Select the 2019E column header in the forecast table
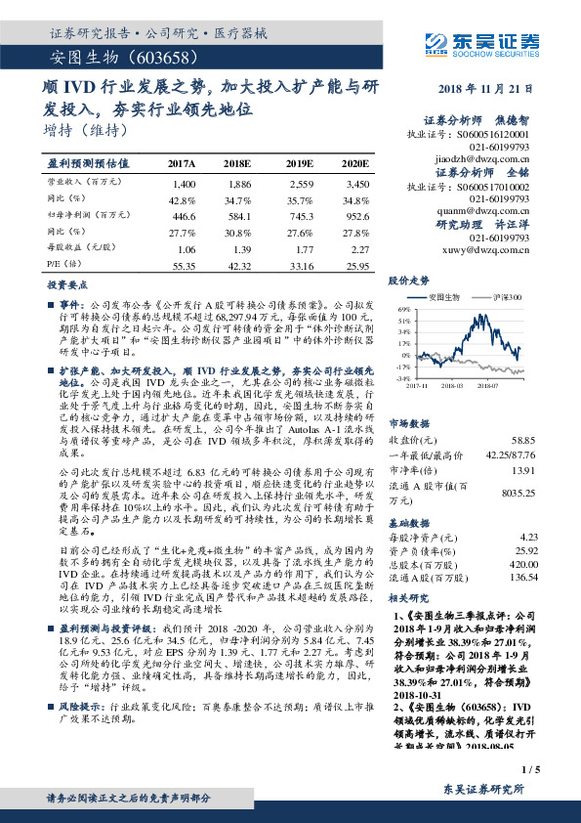[x=300, y=163]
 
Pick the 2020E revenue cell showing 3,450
[x=357, y=184]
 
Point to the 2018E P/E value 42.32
[x=238, y=265]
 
